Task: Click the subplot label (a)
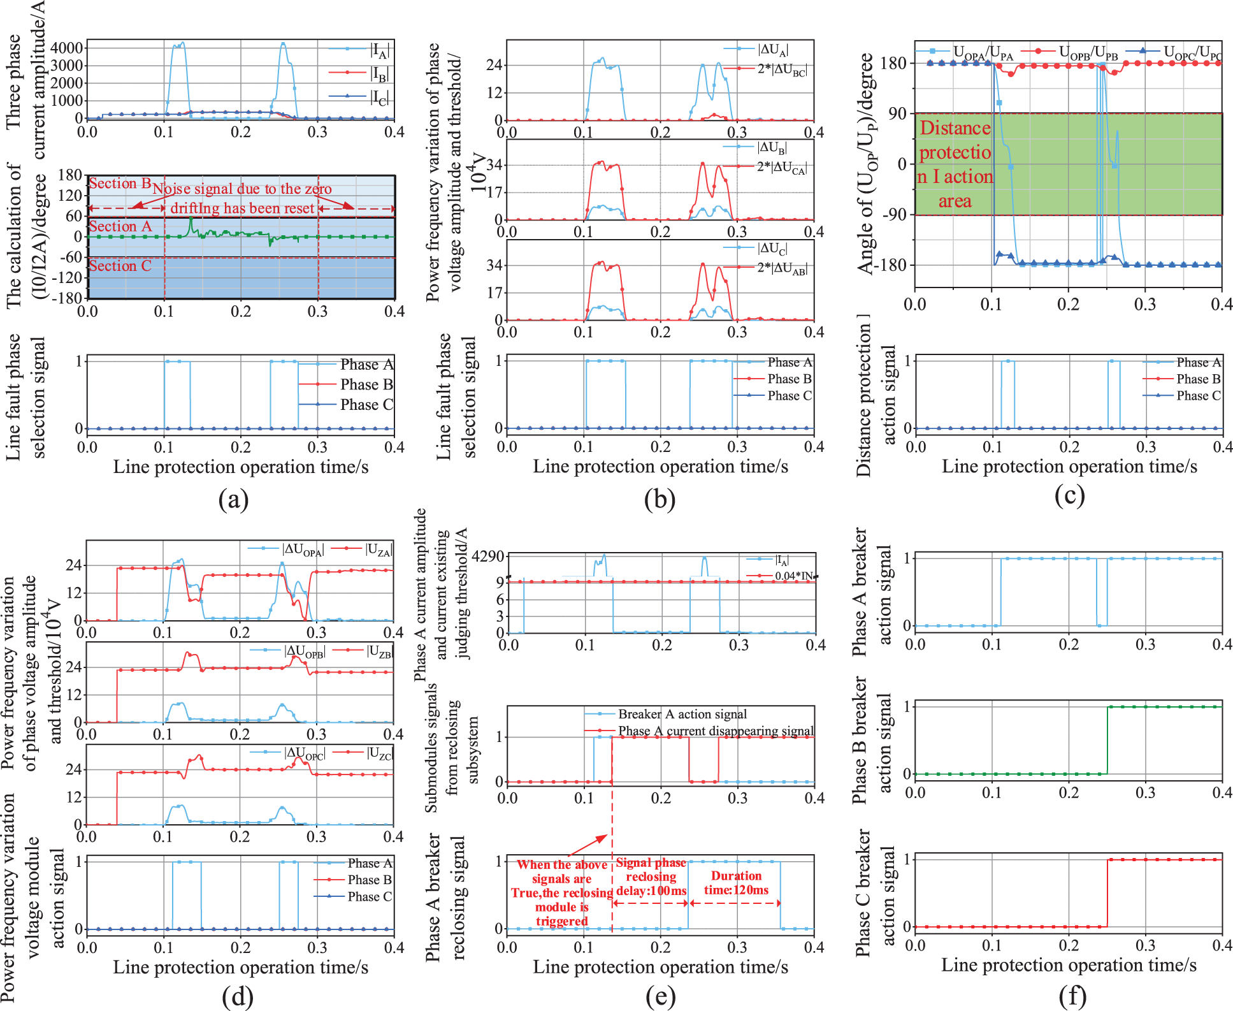[233, 499]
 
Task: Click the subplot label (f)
[1072, 996]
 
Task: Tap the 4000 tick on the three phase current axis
[67, 48]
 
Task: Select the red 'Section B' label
[120, 184]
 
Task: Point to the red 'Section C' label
[120, 266]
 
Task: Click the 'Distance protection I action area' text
[955, 164]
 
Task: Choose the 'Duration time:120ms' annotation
[736, 883]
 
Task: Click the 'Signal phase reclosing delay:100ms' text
[651, 876]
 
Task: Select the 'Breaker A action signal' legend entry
[682, 714]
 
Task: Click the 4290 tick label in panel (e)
[488, 556]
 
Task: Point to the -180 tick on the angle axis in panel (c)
[893, 265]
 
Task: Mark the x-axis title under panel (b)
[660, 467]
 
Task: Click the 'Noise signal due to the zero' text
[242, 189]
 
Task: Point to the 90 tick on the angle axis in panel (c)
[897, 113]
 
